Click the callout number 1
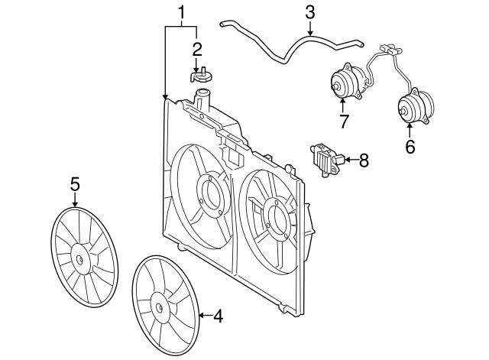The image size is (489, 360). [x=181, y=13]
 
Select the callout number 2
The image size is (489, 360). [x=197, y=49]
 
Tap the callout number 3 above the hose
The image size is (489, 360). [x=310, y=12]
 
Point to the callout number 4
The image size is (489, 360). [x=219, y=316]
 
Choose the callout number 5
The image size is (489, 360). [x=75, y=184]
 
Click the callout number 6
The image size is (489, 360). [x=410, y=146]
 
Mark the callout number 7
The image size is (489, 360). [x=343, y=122]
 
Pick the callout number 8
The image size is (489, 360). [x=364, y=161]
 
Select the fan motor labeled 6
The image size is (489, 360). [x=416, y=105]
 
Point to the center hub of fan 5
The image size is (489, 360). [x=79, y=260]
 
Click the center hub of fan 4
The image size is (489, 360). [x=160, y=308]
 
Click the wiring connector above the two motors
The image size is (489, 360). [x=390, y=49]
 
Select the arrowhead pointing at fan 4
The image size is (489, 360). [x=202, y=316]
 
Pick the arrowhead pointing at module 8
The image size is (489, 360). [x=347, y=160]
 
